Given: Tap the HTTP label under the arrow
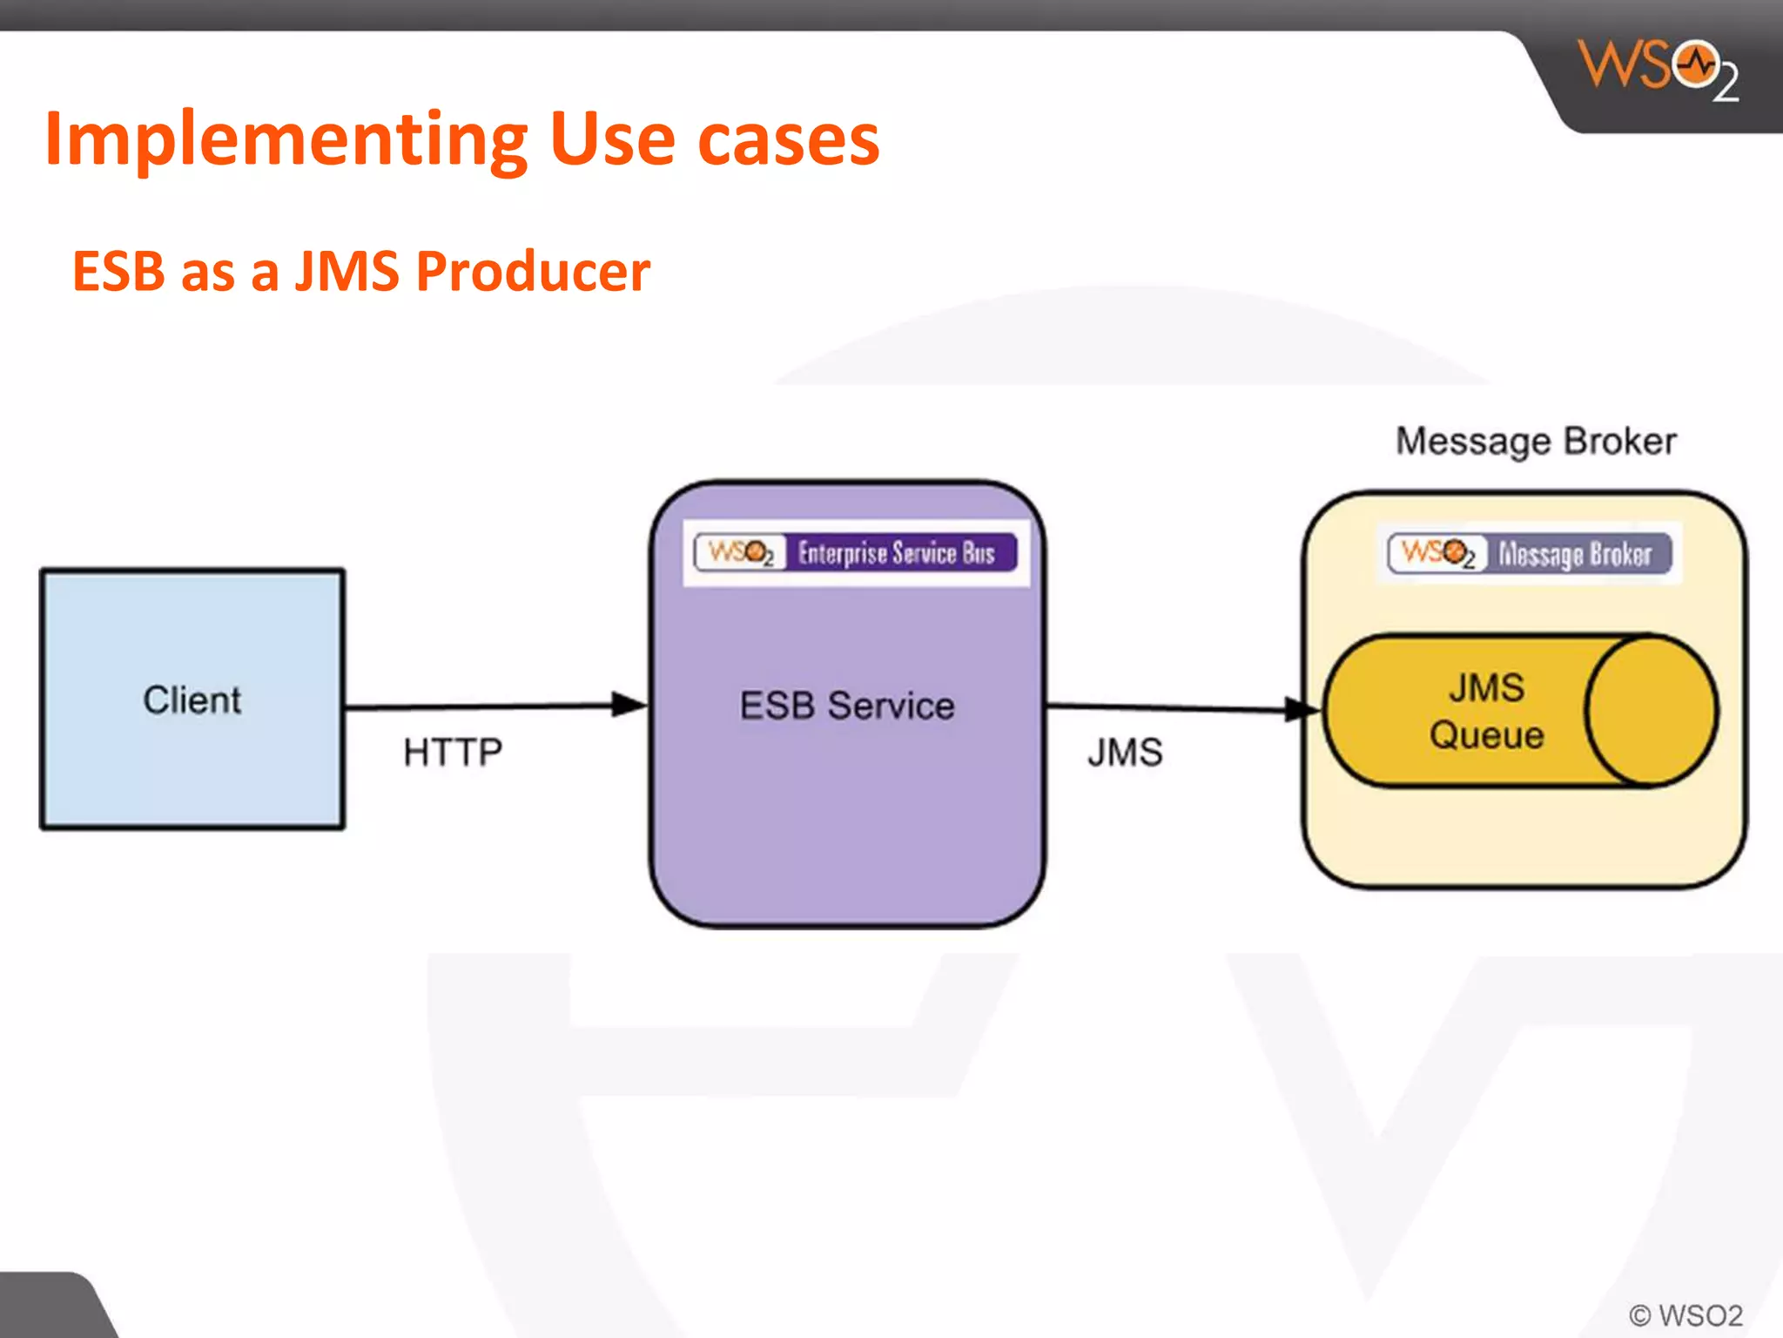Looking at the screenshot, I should coord(453,752).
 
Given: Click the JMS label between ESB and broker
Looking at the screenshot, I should coord(1125,752).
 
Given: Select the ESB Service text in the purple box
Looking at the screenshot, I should coord(847,706).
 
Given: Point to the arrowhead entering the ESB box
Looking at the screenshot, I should coord(629,705).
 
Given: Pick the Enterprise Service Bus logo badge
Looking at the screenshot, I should coord(856,553).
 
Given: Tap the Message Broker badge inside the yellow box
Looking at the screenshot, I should coord(1530,554).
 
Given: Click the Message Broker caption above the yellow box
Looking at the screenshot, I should coord(1536,441).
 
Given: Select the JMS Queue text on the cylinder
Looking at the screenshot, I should coord(1487,711).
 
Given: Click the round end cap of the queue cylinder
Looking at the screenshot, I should coord(1651,711).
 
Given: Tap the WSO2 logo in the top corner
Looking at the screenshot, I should coord(1659,70).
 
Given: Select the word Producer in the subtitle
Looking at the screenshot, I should coord(533,271).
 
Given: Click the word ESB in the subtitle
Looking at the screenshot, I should coord(118,271).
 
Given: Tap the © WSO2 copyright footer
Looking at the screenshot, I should coord(1685,1314).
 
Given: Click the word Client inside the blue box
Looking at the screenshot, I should coord(192,700).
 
